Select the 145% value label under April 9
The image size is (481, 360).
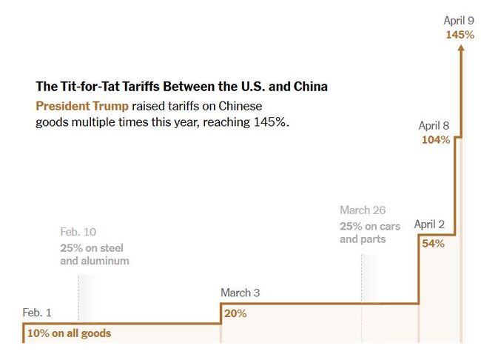coord(460,34)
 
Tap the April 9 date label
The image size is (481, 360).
coord(459,20)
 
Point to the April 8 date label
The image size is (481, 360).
coord(434,125)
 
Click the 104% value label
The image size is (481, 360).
coord(435,139)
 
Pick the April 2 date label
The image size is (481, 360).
coord(429,224)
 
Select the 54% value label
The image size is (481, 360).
coord(433,244)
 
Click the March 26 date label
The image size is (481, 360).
coord(363,210)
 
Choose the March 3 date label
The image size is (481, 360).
coord(240,293)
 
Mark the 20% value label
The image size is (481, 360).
coord(235,313)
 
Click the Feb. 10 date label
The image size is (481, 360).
coord(78,232)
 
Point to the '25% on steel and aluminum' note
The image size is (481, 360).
coord(94,254)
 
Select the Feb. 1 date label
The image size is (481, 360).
coord(37,313)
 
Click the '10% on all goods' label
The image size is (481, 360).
coord(69,333)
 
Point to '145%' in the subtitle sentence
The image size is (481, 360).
coord(269,121)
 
